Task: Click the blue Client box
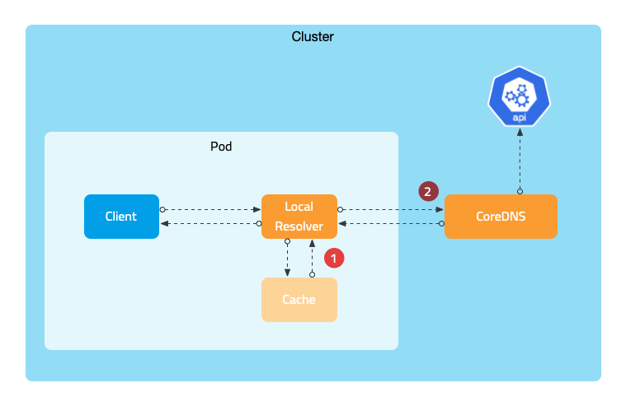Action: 121,217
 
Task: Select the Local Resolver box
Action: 299,217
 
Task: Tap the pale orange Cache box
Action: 299,300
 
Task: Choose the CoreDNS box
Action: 501,217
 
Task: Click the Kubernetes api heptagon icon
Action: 520,99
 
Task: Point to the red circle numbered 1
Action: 333,258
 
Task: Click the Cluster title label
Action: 313,37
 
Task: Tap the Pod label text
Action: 221,147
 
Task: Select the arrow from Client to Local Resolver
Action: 210,209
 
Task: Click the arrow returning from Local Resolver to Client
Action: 210,224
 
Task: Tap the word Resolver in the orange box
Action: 299,226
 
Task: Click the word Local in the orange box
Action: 299,208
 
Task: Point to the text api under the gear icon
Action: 520,118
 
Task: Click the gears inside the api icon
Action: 520,96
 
